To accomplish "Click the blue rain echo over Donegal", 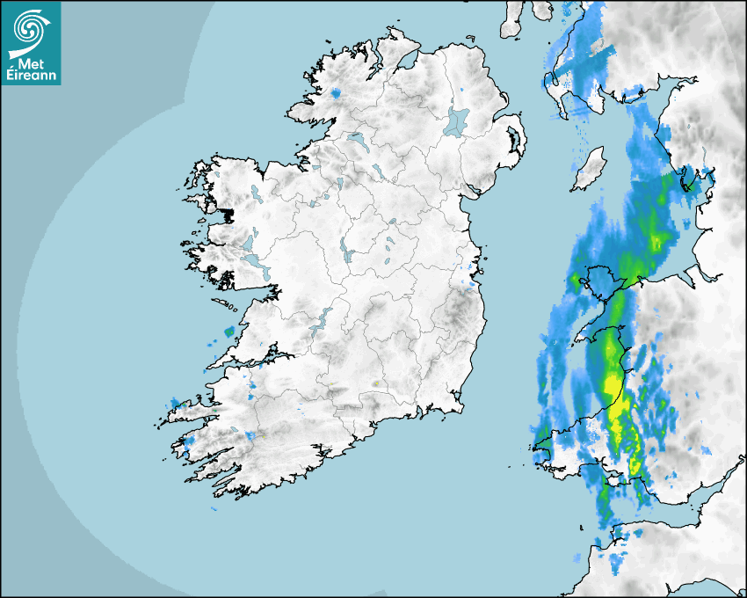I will tap(337, 92).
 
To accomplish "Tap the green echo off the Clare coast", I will tap(230, 332).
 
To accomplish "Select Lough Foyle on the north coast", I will tap(408, 62).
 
